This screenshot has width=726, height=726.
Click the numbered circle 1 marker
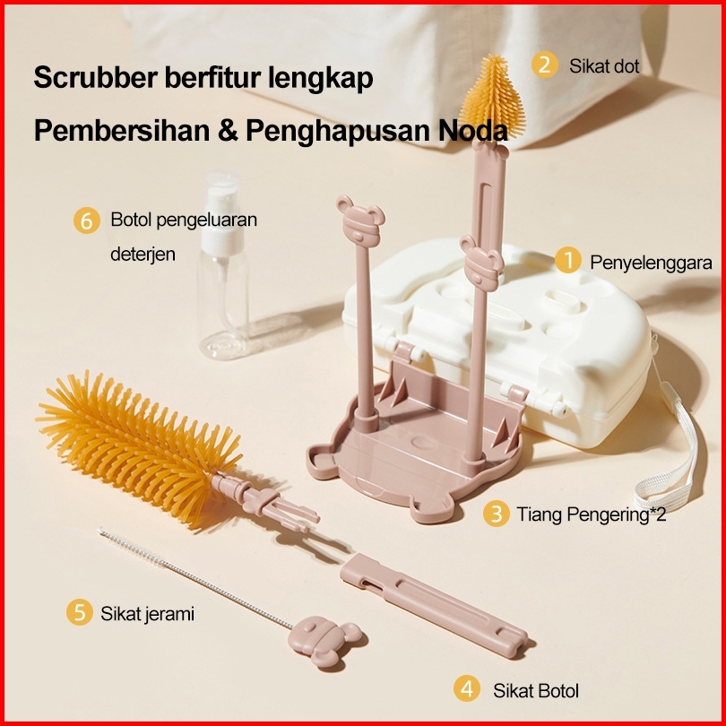tap(566, 261)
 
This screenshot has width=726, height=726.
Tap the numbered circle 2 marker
tap(544, 65)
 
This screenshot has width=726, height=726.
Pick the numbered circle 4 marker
tap(465, 689)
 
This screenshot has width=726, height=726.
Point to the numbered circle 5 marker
tap(80, 613)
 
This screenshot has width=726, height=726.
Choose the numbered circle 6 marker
tap(86, 220)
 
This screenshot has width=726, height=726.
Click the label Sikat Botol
tap(535, 690)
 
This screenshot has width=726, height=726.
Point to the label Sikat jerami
tap(147, 614)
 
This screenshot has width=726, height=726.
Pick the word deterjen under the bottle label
tap(143, 255)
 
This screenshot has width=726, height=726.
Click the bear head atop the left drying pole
tap(359, 220)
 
